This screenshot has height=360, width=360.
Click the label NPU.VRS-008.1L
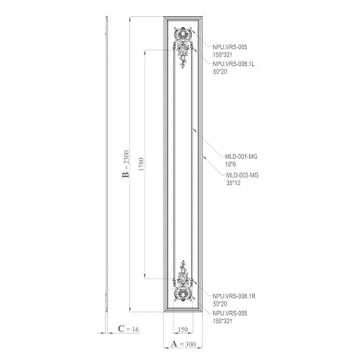tap(234, 64)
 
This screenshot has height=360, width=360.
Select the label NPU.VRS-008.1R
tap(234, 296)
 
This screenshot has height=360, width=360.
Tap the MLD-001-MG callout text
tap(241, 156)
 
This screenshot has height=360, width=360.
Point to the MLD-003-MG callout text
tap(242, 176)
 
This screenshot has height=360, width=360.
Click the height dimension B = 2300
tap(126, 164)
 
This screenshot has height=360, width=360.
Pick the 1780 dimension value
tap(141, 164)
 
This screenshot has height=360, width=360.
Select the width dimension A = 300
tap(183, 344)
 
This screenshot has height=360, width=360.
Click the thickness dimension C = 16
tap(129, 329)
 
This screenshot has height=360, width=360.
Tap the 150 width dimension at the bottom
tap(183, 330)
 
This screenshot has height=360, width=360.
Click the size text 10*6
tap(231, 165)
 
